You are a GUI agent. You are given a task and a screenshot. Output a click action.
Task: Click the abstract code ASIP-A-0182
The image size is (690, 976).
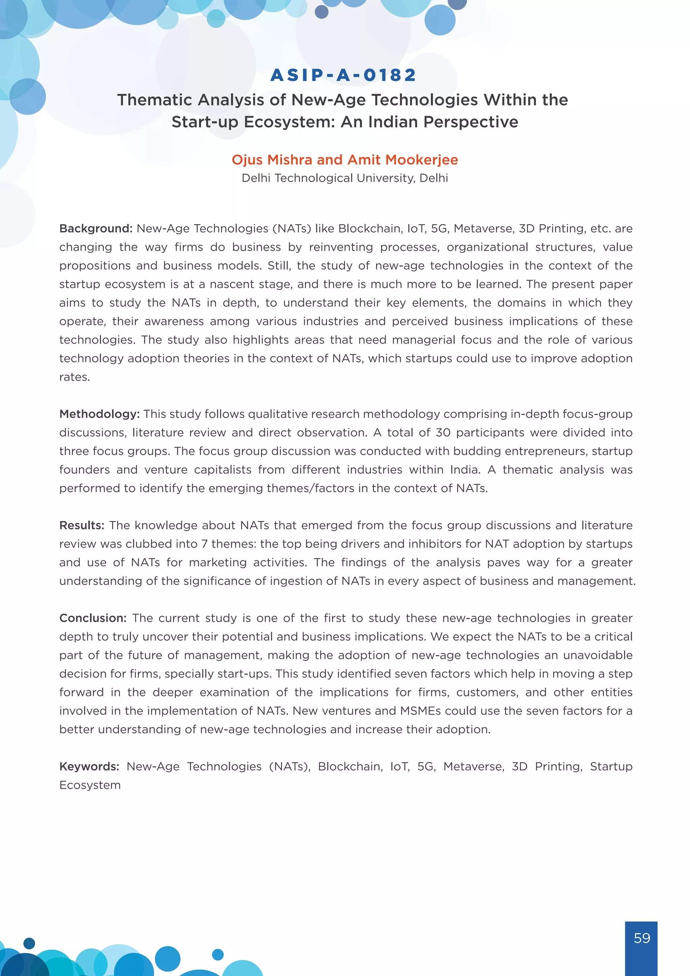pyautogui.click(x=343, y=75)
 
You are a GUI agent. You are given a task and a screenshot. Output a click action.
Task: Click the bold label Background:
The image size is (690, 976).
pyautogui.click(x=96, y=229)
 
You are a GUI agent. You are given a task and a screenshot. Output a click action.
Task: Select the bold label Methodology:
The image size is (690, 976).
pyautogui.click(x=99, y=414)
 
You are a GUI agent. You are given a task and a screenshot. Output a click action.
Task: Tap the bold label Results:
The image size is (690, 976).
pyautogui.click(x=82, y=525)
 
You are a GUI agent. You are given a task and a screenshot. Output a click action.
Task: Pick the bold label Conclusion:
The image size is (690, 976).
pyautogui.click(x=93, y=618)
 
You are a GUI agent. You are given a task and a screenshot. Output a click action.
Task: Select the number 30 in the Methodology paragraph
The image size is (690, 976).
pyautogui.click(x=443, y=433)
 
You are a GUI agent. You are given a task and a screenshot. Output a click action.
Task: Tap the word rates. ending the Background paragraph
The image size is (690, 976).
pyautogui.click(x=74, y=377)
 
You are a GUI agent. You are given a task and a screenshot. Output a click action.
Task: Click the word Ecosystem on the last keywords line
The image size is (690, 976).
pyautogui.click(x=90, y=785)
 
